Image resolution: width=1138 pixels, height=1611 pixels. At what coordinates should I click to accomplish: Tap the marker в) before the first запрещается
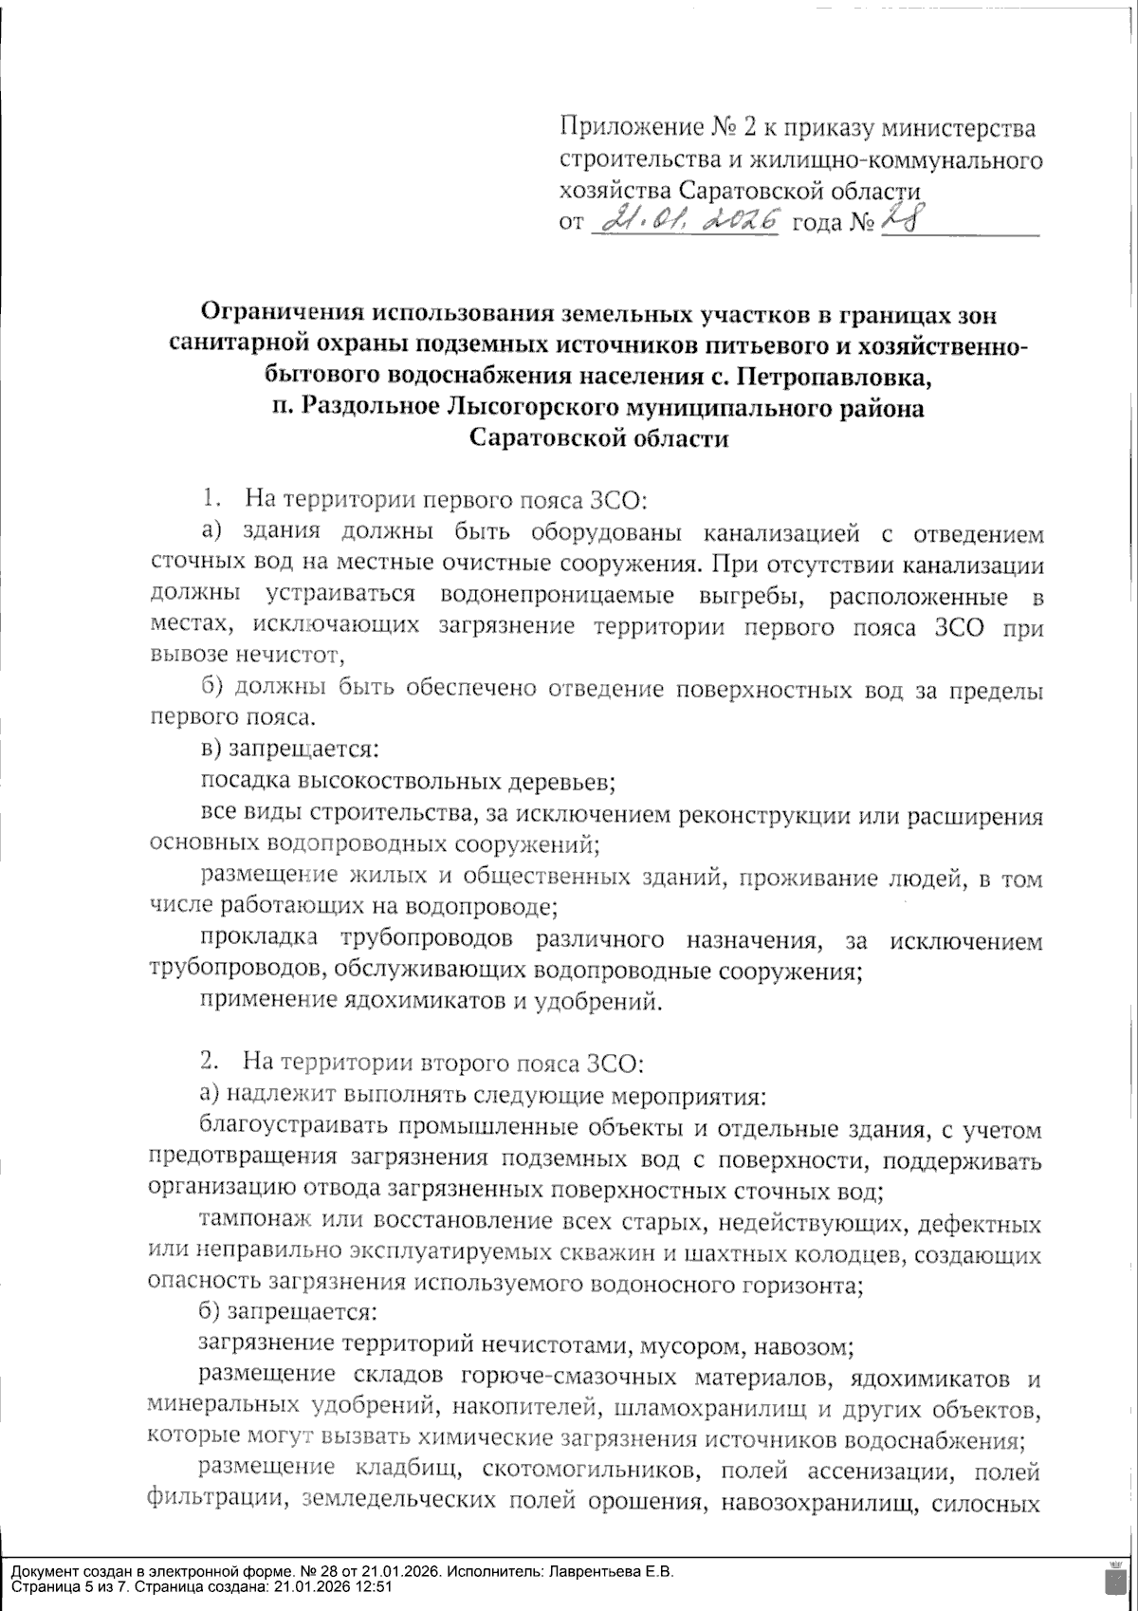click(x=213, y=750)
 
